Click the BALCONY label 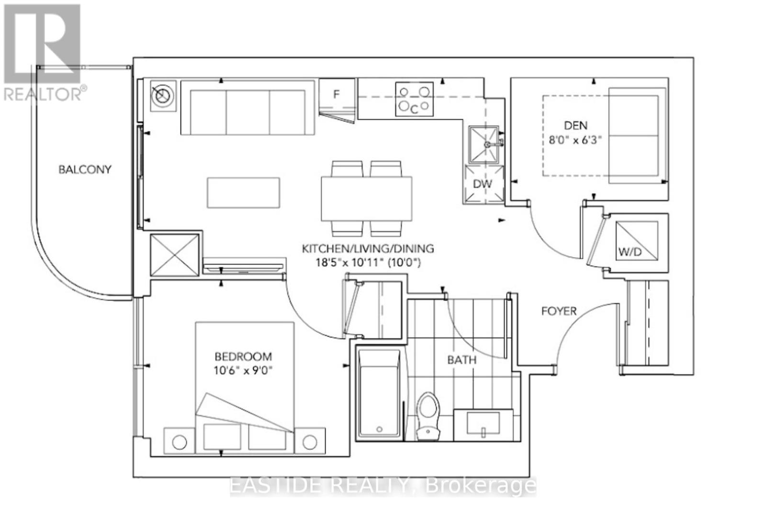[85, 169]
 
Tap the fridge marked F [337, 94]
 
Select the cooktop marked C [414, 100]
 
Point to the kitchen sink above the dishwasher [485, 144]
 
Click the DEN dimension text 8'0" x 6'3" [575, 141]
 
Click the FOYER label [559, 311]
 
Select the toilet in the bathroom [428, 416]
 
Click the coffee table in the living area [243, 193]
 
